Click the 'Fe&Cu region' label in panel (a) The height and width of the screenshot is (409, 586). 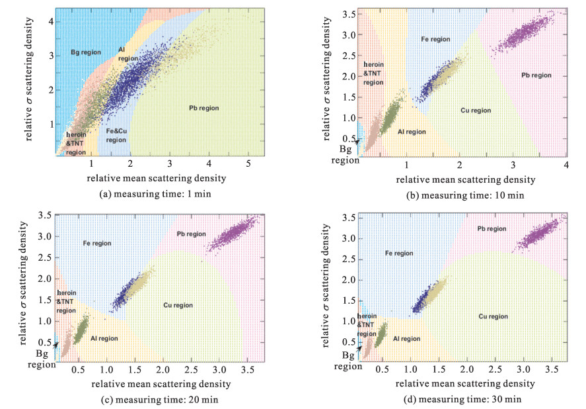coord(116,136)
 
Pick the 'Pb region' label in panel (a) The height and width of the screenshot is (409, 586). coord(203,107)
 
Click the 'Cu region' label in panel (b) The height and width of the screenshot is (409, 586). coord(476,111)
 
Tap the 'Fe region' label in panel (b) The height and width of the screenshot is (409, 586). coord(435,40)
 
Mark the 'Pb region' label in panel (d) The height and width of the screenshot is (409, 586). coord(492,228)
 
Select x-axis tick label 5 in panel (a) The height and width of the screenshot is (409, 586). coord(248,164)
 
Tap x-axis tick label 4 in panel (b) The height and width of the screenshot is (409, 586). coord(566,164)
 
